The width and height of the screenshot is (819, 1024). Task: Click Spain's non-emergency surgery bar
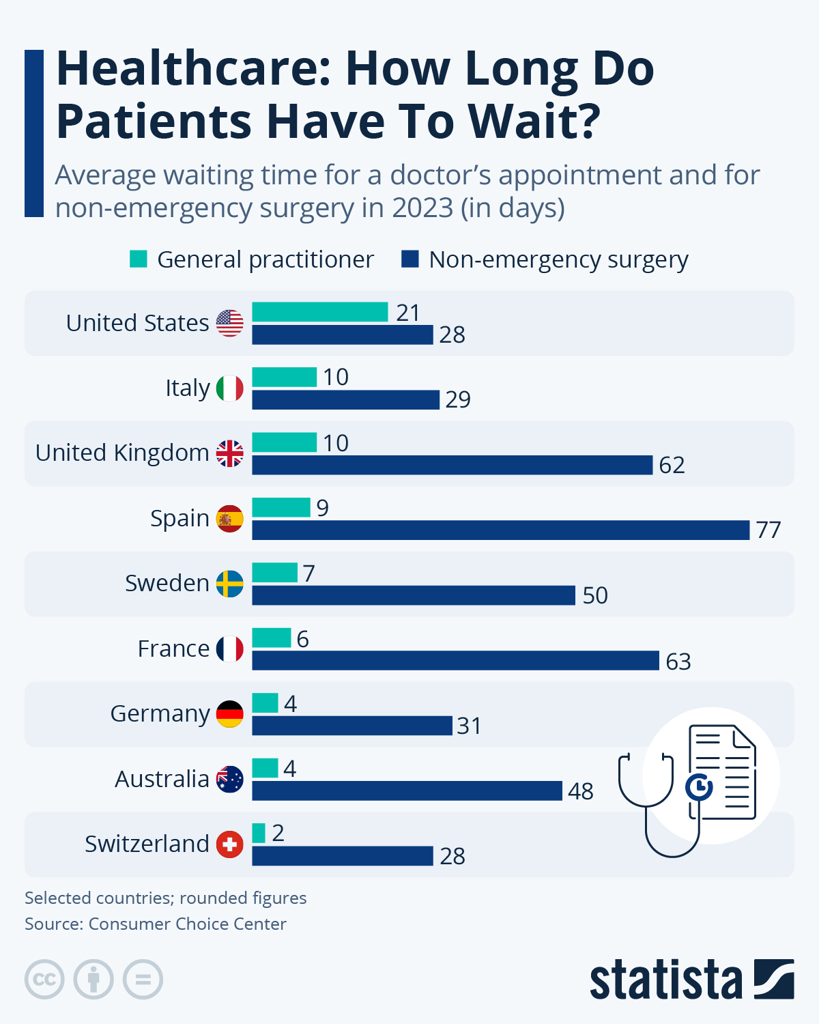point(500,530)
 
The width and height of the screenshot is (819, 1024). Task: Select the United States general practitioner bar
point(319,312)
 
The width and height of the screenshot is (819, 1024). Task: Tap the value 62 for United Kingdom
point(672,465)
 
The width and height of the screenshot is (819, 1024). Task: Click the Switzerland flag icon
point(230,844)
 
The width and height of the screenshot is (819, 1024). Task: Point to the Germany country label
point(160,713)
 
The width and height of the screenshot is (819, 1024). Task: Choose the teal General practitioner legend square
point(139,259)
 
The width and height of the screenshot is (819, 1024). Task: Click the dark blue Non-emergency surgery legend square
point(409,259)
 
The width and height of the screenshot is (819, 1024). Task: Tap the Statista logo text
point(665,980)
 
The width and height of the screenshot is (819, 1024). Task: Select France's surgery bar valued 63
point(455,661)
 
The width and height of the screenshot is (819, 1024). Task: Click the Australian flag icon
point(230,779)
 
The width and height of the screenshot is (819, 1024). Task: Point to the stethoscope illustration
point(655,806)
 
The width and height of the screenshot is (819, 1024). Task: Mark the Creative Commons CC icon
point(44,980)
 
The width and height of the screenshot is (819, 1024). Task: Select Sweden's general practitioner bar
point(274,573)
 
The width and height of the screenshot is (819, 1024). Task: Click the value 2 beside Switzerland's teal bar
point(278,833)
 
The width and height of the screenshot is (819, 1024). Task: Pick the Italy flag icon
point(230,388)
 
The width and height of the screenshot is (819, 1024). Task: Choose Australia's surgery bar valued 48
point(407,791)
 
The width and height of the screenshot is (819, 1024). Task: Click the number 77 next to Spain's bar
point(768,530)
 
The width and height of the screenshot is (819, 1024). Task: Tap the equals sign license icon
point(143,980)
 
